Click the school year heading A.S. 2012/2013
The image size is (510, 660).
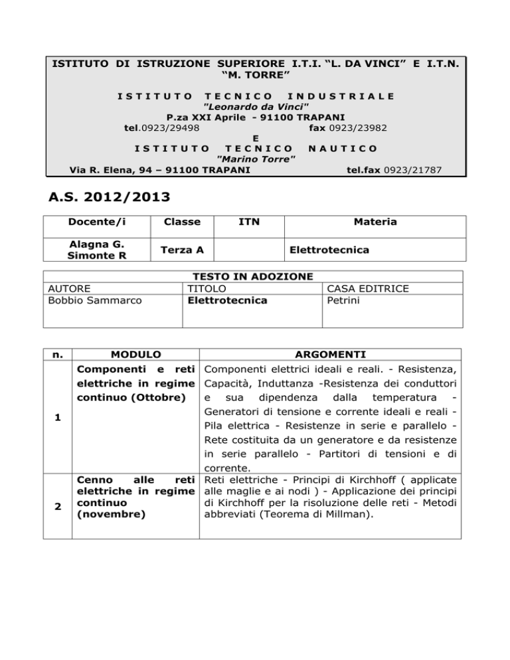point(110,197)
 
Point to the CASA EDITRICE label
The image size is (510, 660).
point(367,289)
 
